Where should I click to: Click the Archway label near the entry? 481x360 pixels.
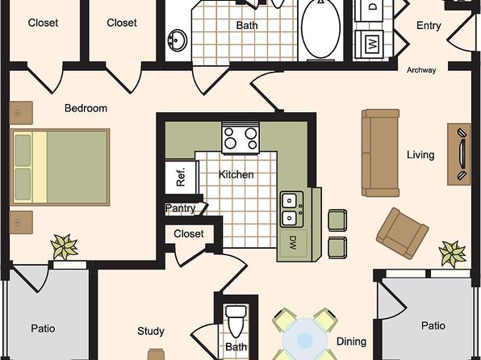(x=421, y=70)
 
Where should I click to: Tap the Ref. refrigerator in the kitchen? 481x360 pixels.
(x=181, y=177)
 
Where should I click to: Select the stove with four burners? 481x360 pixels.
(x=240, y=138)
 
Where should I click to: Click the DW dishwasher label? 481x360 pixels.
(x=293, y=243)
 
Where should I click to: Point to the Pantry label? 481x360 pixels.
(x=180, y=208)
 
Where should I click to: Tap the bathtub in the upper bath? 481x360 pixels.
(x=320, y=29)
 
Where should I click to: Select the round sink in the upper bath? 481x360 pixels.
(x=177, y=40)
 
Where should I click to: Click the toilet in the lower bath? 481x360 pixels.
(x=236, y=321)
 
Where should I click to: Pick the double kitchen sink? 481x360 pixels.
(x=291, y=209)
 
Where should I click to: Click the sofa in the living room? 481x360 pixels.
(x=380, y=153)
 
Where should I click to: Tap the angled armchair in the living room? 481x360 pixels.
(x=403, y=233)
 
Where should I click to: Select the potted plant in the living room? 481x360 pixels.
(x=453, y=253)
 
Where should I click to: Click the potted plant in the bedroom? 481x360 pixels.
(x=64, y=246)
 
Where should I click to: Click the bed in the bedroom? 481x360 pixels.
(x=60, y=167)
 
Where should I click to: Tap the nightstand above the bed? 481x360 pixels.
(x=21, y=113)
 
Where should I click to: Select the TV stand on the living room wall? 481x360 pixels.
(x=459, y=154)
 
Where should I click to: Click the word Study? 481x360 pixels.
(x=151, y=331)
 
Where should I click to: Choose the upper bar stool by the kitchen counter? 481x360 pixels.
(x=337, y=220)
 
